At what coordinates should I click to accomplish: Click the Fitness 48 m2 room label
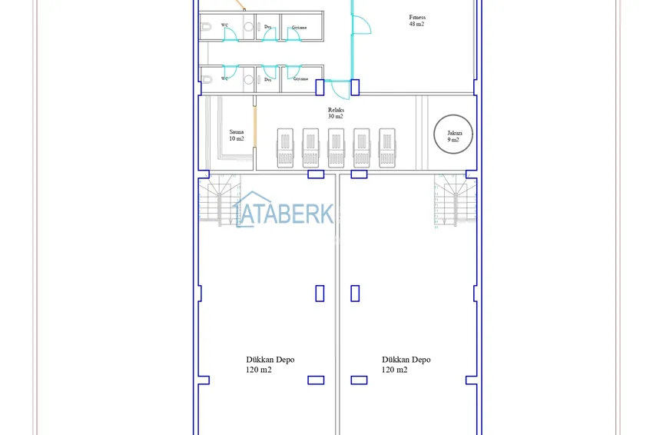click(x=417, y=21)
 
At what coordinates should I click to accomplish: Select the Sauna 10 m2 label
click(x=237, y=135)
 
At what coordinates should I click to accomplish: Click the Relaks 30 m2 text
click(x=336, y=113)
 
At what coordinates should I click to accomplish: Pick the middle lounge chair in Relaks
click(x=336, y=147)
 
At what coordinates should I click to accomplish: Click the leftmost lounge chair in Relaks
click(x=285, y=147)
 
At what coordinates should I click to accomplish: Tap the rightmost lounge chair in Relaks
click(x=386, y=147)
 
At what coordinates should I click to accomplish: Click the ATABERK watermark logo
click(x=284, y=213)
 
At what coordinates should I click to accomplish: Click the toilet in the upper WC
click(x=207, y=28)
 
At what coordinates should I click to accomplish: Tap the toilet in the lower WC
click(x=207, y=78)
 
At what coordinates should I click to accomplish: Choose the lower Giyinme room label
click(x=300, y=78)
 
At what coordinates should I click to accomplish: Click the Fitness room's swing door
click(x=361, y=23)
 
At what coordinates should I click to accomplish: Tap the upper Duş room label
click(x=267, y=28)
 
